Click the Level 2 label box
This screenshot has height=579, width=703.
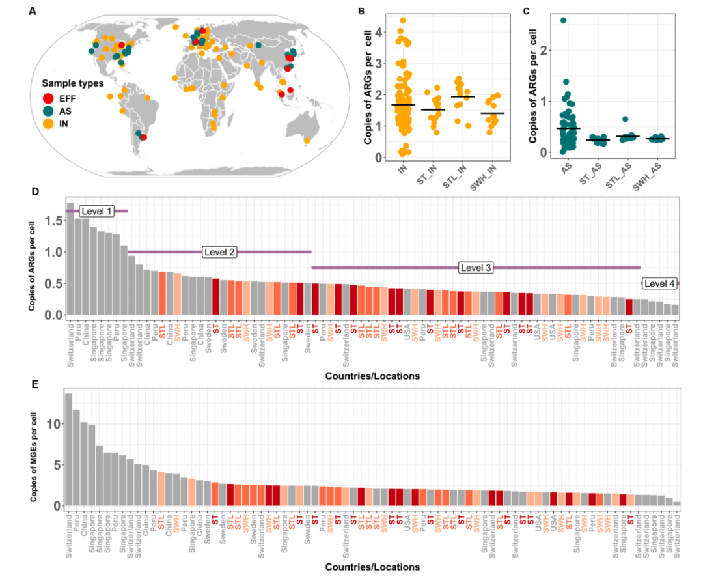[220, 252]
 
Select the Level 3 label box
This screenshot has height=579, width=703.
[476, 268]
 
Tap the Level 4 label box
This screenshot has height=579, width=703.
[659, 283]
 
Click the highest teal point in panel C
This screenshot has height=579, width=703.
[563, 20]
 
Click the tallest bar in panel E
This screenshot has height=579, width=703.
[69, 449]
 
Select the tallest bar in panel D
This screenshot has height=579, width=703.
[70, 261]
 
